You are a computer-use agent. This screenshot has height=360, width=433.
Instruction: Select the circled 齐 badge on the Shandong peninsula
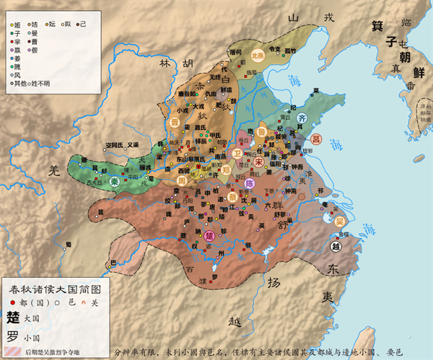pos(302,118)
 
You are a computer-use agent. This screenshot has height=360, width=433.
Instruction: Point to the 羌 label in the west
pos(52,170)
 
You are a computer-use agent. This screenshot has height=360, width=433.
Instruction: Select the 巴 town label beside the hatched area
pos(110,263)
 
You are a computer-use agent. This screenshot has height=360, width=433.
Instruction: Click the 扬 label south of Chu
pos(273,282)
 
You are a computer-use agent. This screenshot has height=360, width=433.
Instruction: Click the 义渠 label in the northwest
pos(131,144)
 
